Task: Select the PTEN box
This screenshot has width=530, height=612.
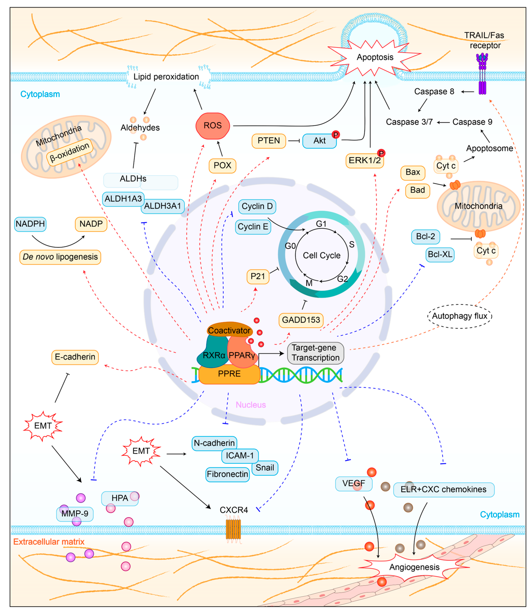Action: (x=269, y=141)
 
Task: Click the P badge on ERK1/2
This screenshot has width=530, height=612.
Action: (x=381, y=153)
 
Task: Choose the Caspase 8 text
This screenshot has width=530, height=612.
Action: (x=434, y=92)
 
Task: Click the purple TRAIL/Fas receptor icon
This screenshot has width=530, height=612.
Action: (x=482, y=74)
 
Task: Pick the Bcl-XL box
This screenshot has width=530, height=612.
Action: (x=440, y=255)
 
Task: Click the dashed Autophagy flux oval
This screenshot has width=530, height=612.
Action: (x=460, y=316)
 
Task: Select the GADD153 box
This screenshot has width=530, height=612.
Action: (x=301, y=320)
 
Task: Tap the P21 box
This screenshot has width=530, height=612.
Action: (x=258, y=277)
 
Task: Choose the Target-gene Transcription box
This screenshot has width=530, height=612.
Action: (x=315, y=353)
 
